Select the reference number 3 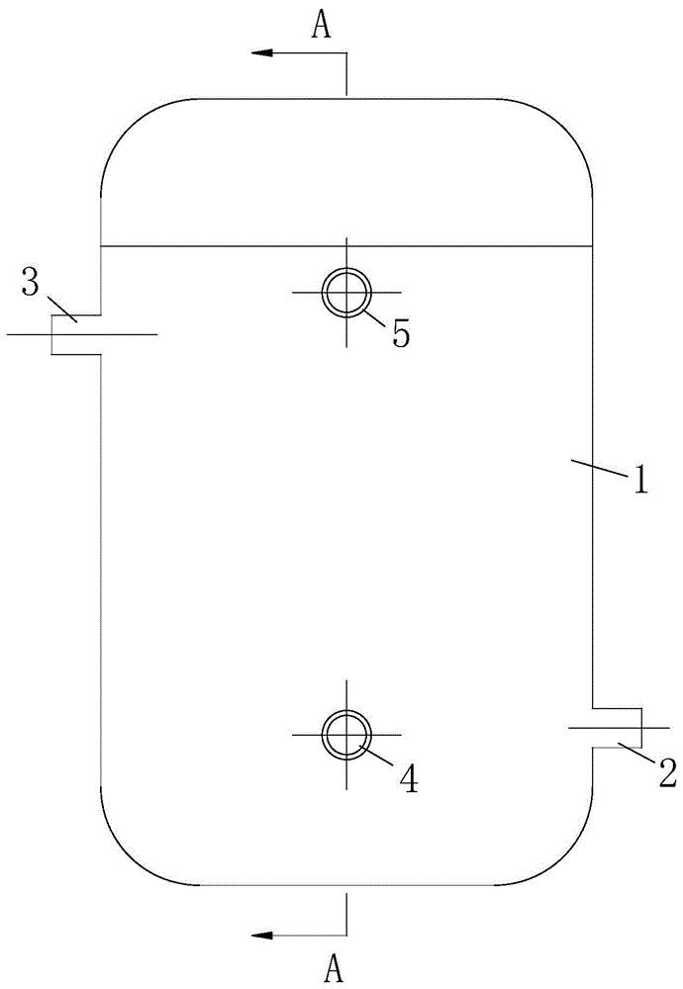31,285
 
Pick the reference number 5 400,333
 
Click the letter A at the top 321,27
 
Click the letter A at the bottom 336,970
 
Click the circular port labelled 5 346,293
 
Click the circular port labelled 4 346,735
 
